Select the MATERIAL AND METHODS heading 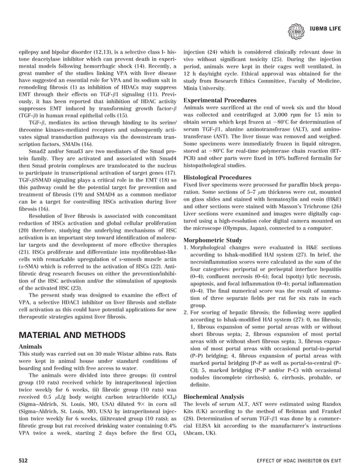point(72,334)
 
